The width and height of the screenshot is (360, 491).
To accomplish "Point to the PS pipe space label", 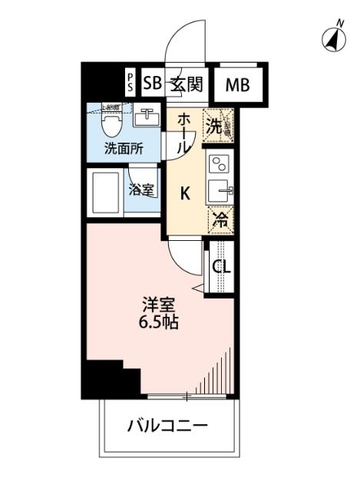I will click(130, 83).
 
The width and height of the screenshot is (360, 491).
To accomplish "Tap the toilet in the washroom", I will click(111, 121).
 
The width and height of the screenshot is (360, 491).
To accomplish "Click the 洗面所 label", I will click(123, 148).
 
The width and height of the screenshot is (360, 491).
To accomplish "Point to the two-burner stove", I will click(219, 163).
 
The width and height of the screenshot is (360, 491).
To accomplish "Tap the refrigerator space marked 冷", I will click(220, 218).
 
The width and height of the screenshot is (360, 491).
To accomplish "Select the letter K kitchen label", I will click(185, 193).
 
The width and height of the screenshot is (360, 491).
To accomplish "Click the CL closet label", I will click(220, 267).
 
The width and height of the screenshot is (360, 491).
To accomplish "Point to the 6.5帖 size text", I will click(159, 323).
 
